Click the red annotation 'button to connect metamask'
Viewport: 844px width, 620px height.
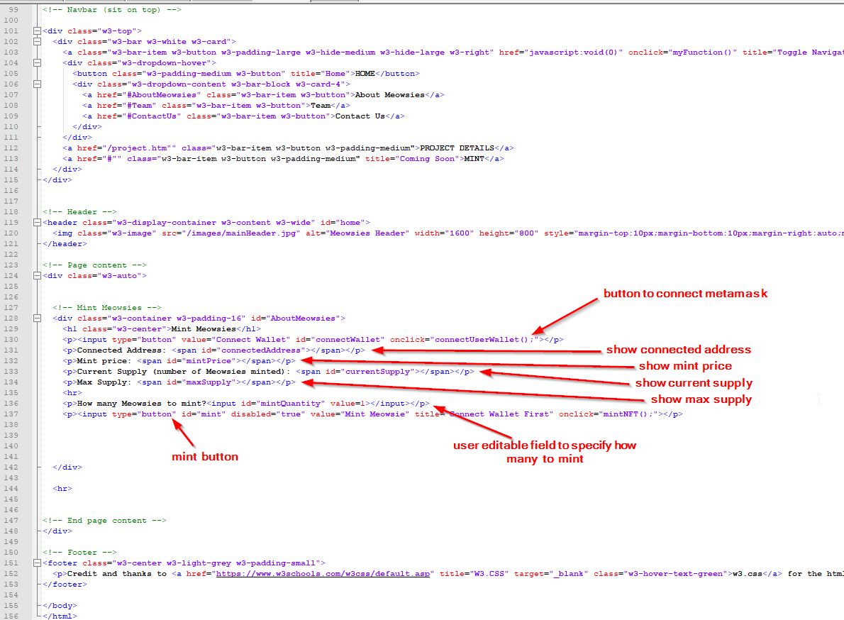tap(685, 293)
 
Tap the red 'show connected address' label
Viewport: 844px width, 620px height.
tap(679, 349)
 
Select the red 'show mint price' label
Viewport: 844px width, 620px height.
tap(685, 366)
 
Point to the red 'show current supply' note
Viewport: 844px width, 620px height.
tap(694, 382)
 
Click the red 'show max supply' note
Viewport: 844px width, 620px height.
tap(701, 399)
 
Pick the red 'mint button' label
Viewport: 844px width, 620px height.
tap(204, 456)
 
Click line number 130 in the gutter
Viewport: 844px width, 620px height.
tap(11, 340)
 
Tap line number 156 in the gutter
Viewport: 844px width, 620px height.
tap(11, 616)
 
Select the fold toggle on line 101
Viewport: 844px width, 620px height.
tap(37, 31)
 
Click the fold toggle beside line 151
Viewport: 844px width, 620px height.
tap(37, 563)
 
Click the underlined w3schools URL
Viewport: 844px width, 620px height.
tap(323, 574)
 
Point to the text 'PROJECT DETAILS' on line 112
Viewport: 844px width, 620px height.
tap(457, 148)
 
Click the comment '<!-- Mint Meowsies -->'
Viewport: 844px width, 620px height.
tap(107, 308)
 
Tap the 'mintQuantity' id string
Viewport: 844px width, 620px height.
tap(291, 404)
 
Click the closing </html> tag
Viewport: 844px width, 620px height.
tap(60, 616)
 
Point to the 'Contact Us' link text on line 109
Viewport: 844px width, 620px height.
tap(360, 116)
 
